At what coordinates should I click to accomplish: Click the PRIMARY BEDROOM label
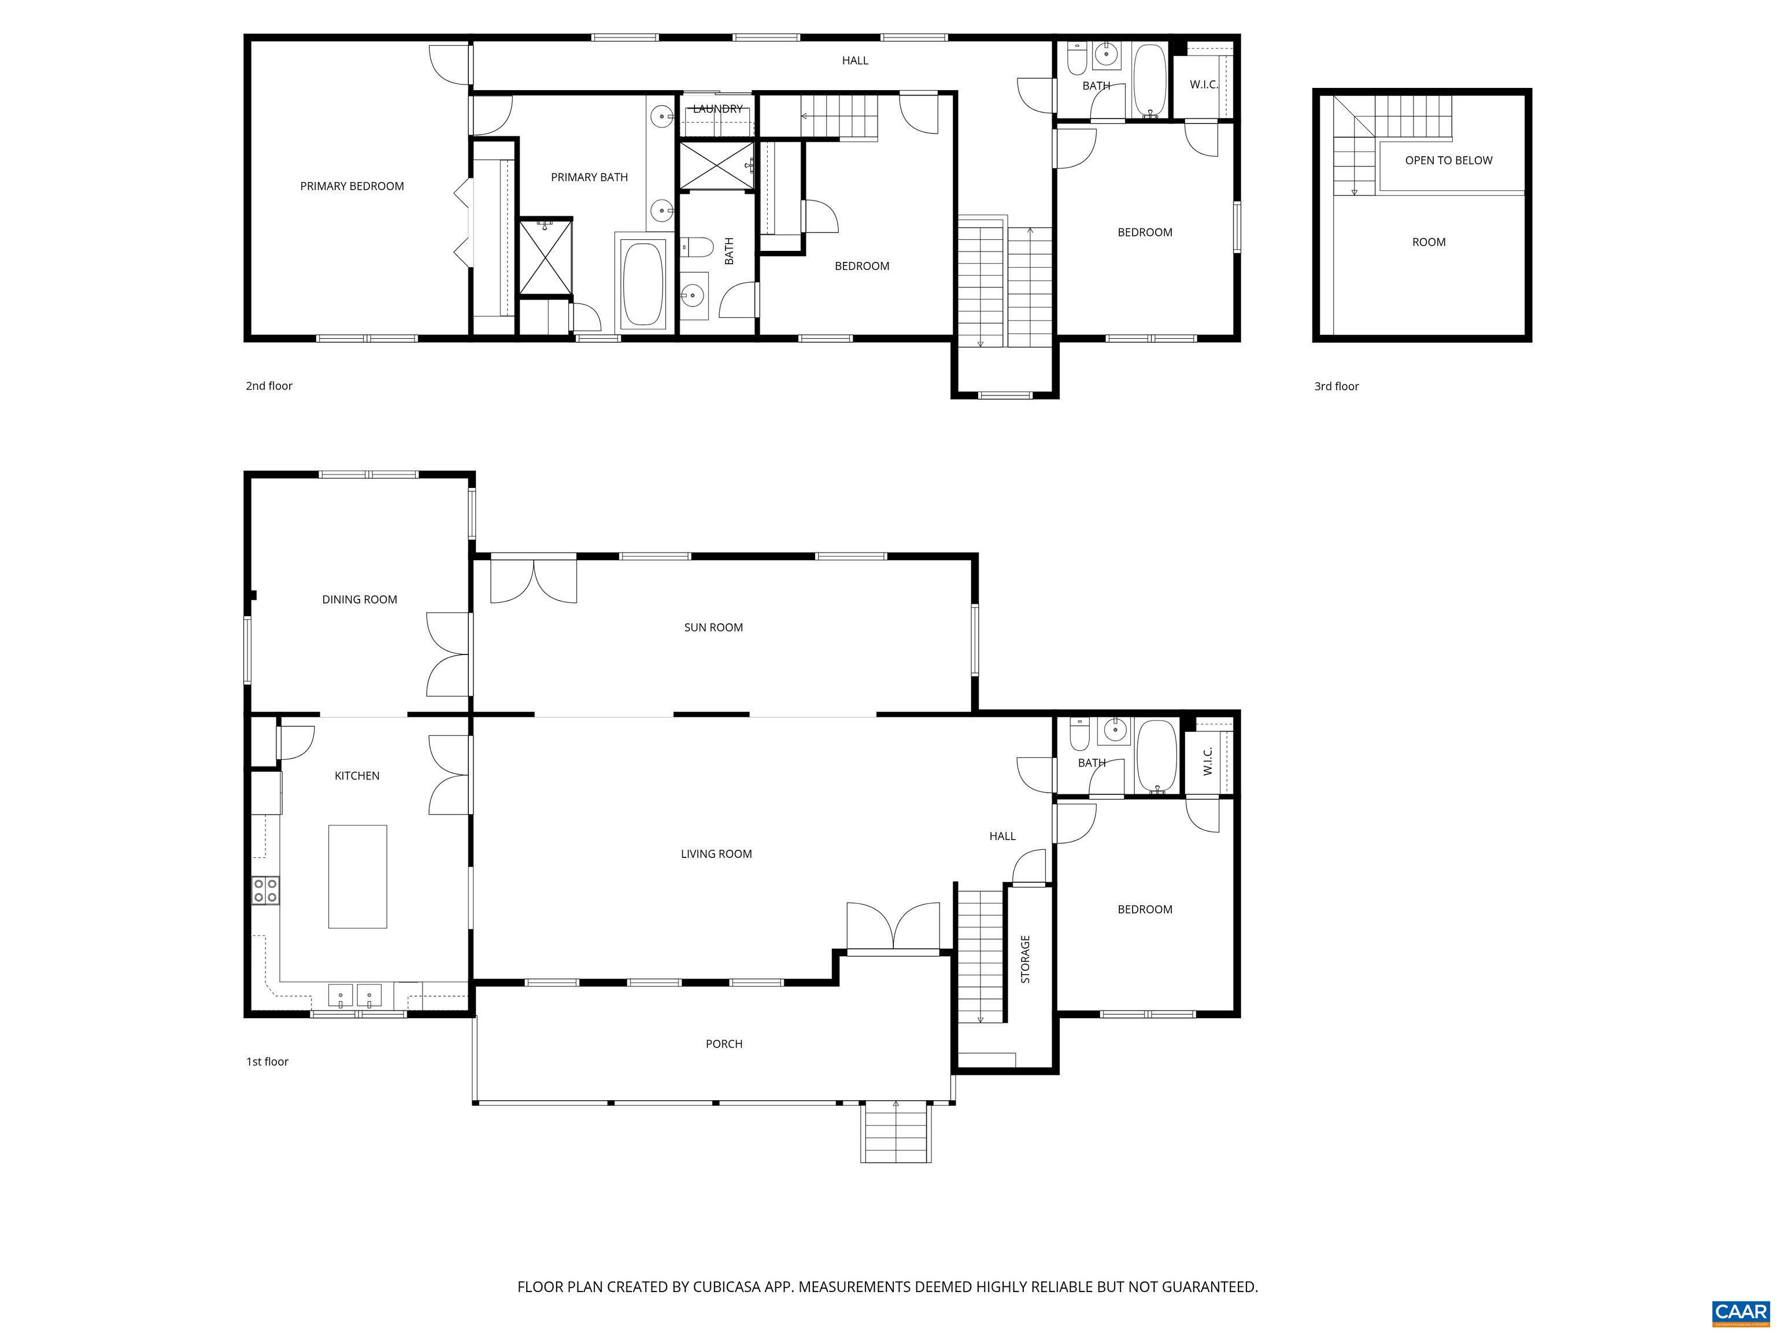[351, 186]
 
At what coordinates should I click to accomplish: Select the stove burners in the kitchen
[266, 890]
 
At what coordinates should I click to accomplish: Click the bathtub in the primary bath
[643, 283]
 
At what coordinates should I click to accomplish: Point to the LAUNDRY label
[718, 108]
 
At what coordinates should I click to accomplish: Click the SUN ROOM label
[713, 627]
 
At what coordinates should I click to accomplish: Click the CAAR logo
[1740, 1312]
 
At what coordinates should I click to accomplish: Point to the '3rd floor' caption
[1336, 386]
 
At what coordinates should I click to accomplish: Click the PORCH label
[723, 1044]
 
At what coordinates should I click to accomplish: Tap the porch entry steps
[896, 1133]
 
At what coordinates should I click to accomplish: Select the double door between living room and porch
[893, 929]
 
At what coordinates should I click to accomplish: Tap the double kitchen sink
[355, 996]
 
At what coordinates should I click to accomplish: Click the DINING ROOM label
[359, 599]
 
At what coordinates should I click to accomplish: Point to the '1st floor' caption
[267, 1061]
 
